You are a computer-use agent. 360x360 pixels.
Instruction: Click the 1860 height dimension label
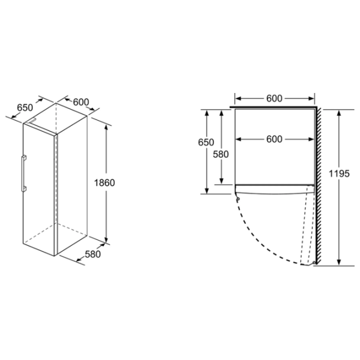pos(104,183)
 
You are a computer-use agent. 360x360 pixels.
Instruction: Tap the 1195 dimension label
pos(339,173)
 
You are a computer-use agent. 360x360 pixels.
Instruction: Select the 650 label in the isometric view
pos(25,107)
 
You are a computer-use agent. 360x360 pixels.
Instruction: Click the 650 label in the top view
pos(206,142)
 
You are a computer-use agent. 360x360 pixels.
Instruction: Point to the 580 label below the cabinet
pos(93,254)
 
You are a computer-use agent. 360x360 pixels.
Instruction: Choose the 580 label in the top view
pos(221,154)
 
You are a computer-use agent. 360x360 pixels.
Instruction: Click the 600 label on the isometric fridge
pos(81,102)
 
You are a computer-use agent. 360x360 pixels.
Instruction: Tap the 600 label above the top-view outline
pos(274,98)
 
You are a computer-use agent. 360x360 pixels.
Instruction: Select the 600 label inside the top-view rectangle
pos(274,139)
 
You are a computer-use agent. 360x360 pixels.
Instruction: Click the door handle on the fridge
pos(23,173)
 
